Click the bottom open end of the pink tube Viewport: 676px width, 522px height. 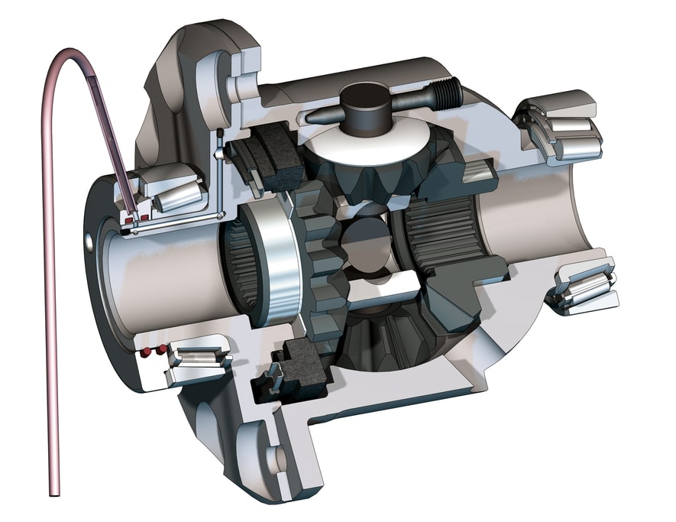(54, 489)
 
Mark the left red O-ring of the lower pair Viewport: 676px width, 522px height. (143, 353)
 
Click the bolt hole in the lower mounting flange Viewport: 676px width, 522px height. (275, 459)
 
